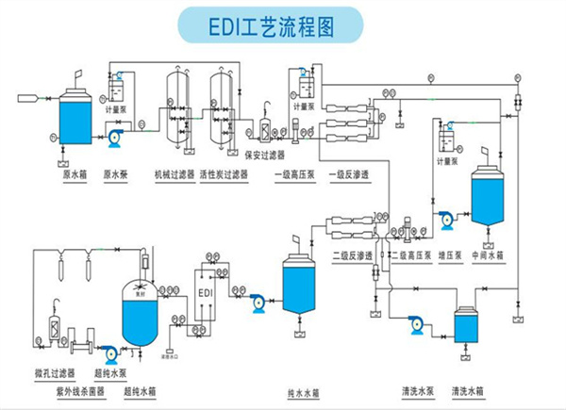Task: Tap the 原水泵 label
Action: coord(115,174)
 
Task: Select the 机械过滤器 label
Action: coord(173,174)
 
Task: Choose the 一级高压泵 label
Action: coord(294,174)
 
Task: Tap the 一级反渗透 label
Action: coord(346,174)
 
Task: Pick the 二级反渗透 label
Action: coord(350,254)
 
